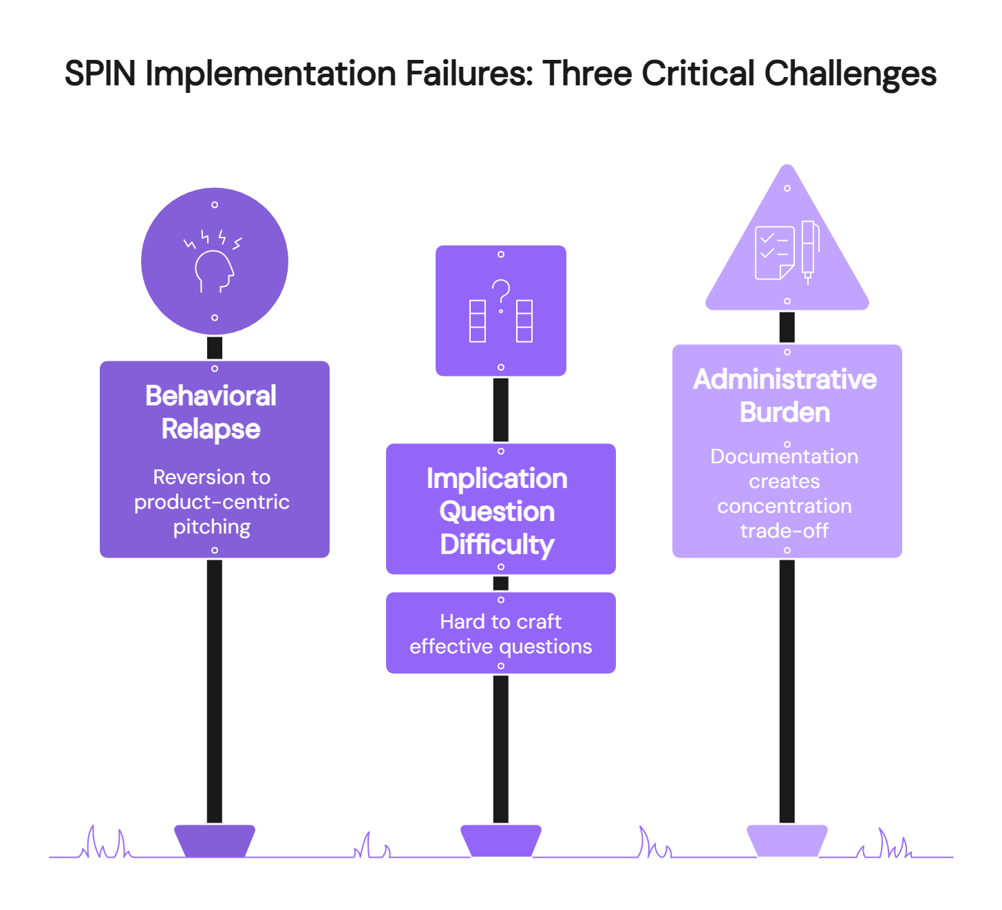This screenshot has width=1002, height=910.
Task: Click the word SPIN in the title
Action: [100, 74]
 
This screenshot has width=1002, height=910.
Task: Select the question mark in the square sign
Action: [501, 295]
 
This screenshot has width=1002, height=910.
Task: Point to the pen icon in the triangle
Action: [809, 251]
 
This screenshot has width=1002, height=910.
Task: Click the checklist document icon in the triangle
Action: [774, 253]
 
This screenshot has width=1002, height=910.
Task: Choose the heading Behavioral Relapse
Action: [211, 412]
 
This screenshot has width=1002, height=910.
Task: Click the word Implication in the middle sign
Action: [497, 478]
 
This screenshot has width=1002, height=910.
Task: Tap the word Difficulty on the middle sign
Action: [497, 544]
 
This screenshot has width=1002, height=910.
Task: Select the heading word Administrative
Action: [785, 379]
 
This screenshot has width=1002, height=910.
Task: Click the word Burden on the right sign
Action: [785, 412]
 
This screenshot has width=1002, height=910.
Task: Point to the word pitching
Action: [212, 527]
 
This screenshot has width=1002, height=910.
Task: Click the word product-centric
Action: [212, 502]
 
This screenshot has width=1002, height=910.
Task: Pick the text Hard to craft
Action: [501, 622]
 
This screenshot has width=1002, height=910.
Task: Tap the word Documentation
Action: [785, 456]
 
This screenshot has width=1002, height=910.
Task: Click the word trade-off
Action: [785, 531]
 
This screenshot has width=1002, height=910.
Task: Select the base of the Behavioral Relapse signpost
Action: [215, 840]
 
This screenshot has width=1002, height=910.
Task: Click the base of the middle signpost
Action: [501, 840]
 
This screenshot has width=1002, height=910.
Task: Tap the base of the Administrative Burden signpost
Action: [787, 840]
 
